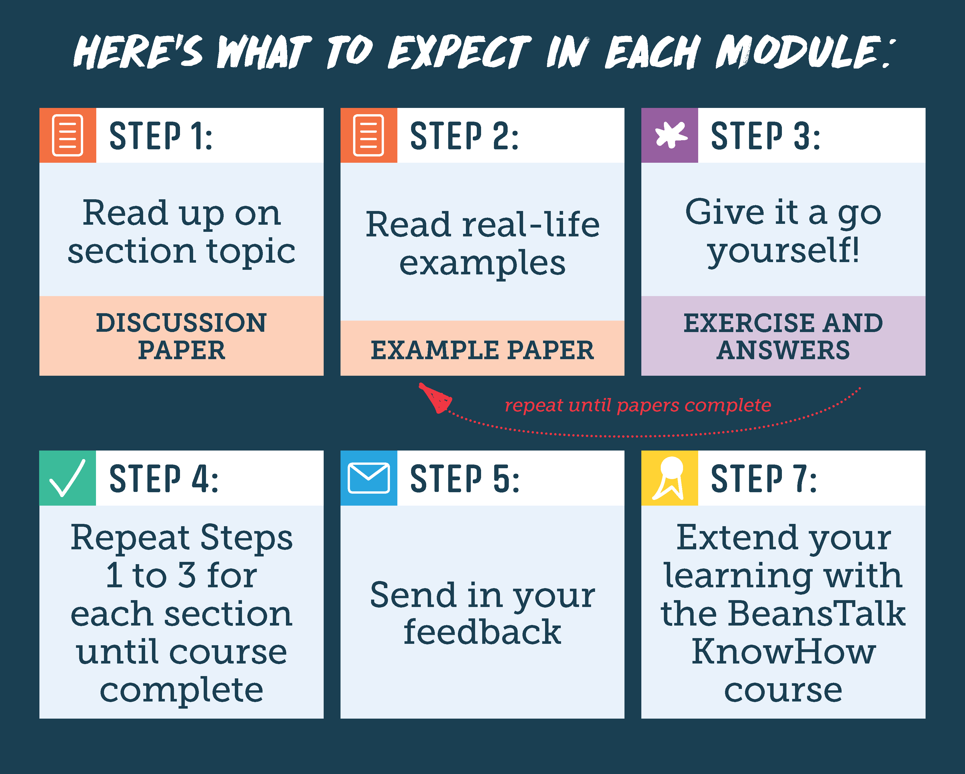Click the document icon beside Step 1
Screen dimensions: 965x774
click(68, 135)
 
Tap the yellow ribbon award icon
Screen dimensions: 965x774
click(670, 478)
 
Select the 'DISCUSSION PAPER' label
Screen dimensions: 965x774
click(181, 336)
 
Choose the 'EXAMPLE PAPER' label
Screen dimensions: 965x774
click(482, 350)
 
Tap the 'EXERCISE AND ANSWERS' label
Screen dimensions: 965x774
click(783, 336)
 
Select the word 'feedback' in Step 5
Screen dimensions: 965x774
click(482, 632)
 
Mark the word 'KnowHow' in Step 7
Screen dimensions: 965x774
click(783, 652)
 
